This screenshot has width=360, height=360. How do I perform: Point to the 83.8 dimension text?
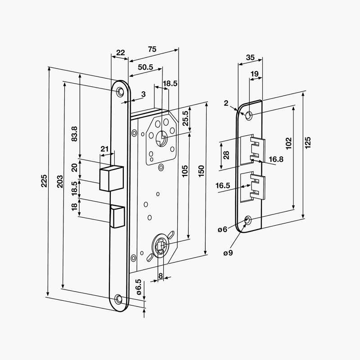point(75,134)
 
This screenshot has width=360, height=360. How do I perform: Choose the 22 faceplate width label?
point(120,52)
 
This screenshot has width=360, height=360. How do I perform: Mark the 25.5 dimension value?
point(185,119)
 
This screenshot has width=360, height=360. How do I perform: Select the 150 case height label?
point(201,171)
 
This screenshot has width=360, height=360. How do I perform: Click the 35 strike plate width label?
point(251,57)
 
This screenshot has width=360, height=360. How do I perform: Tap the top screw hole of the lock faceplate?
point(120,92)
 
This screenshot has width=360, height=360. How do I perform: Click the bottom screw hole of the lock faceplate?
point(119,299)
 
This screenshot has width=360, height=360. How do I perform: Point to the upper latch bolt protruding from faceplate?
point(111,179)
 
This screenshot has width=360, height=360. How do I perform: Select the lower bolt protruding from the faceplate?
point(117,216)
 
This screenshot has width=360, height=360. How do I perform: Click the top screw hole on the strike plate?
point(248,115)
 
